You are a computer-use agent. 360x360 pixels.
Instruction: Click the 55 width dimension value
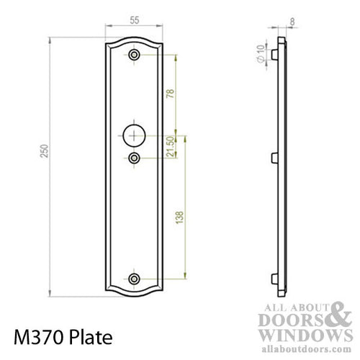[135, 22]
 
